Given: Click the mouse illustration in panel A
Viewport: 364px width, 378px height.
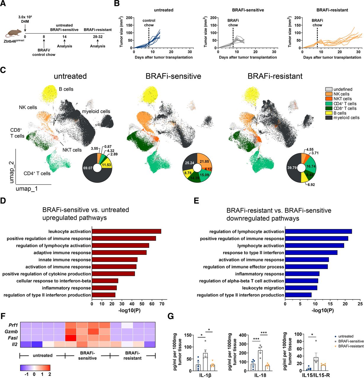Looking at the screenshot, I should point(14,33).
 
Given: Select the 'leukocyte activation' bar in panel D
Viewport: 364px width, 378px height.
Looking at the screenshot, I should point(126,231).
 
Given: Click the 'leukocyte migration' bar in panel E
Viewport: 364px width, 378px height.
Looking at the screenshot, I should point(301,288).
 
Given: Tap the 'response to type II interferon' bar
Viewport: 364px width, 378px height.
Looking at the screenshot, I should point(311,252).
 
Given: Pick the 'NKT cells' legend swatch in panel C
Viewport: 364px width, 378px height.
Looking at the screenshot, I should point(329,99).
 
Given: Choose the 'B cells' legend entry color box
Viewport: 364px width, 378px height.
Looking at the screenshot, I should point(329,113).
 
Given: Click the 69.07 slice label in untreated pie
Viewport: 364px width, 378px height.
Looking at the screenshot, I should point(88,168).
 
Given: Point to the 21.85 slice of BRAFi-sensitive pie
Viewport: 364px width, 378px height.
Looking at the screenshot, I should point(204,162).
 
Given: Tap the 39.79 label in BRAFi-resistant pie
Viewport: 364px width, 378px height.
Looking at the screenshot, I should point(292,168).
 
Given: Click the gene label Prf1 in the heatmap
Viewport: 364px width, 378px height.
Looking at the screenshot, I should point(13,325).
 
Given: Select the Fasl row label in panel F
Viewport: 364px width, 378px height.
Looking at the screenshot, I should point(13,338).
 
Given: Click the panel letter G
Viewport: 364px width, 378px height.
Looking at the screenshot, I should point(171,317).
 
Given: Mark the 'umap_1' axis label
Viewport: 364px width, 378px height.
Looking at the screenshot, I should point(27,189).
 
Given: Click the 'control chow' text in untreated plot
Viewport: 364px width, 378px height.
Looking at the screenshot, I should point(149,23).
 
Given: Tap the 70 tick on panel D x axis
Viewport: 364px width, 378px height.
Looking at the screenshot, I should point(162,304).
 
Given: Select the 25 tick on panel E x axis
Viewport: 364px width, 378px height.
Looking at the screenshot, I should point(360,304).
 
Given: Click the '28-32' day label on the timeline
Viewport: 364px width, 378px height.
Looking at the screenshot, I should point(98,37).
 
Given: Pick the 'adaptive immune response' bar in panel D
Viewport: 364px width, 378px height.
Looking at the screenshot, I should point(119,252).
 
